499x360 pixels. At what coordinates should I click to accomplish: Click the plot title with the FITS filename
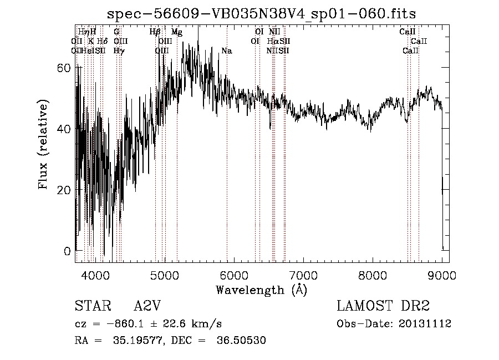coord(261,13)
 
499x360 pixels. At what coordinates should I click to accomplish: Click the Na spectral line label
coord(226,51)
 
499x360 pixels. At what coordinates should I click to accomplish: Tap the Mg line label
coord(177,32)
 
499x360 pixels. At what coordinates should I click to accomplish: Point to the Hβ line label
coord(155,32)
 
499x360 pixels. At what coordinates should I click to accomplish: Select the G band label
coord(116,32)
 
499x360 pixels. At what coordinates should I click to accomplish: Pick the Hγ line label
coord(119,51)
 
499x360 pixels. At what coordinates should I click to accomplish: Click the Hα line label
coord(273,42)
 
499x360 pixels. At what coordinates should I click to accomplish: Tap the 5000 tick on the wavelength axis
coord(164,274)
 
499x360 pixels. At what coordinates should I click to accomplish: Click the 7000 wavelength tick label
coord(303,274)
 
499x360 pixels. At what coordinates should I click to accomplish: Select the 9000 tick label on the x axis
coord(442,274)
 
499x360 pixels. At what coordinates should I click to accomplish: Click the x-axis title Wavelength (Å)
coord(261,290)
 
